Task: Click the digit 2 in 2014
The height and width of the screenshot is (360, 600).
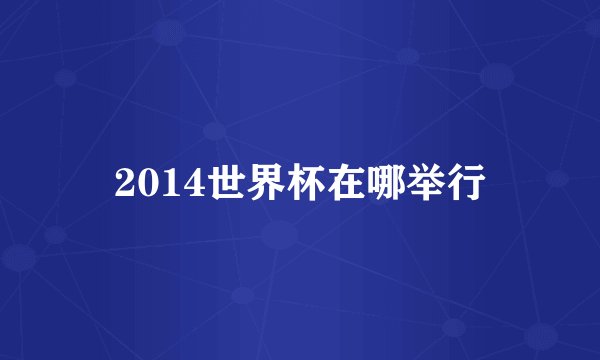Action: (125, 184)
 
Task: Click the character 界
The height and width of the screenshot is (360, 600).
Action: (265, 184)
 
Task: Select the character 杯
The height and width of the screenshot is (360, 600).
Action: (305, 184)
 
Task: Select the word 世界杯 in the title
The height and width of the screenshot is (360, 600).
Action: (265, 184)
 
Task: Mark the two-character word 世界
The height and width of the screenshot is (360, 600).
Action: (245, 184)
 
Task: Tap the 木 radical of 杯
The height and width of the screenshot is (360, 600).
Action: (293, 184)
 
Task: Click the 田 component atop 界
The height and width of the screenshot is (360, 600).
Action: (265, 174)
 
